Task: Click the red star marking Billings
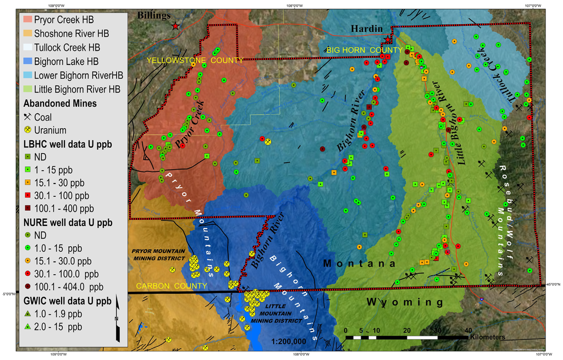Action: [x=175, y=26]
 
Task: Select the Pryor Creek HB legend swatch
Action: [x=27, y=20]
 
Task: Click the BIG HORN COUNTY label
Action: [x=356, y=50]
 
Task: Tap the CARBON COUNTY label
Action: [x=172, y=286]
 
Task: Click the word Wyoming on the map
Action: [x=404, y=302]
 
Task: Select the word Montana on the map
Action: [x=359, y=264]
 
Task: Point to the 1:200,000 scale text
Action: [x=289, y=341]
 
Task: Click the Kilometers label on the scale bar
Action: [x=488, y=337]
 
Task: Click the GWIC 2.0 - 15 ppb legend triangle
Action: [x=27, y=327]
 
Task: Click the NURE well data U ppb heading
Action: [x=68, y=223]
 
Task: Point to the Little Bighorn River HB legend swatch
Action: [x=27, y=89]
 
